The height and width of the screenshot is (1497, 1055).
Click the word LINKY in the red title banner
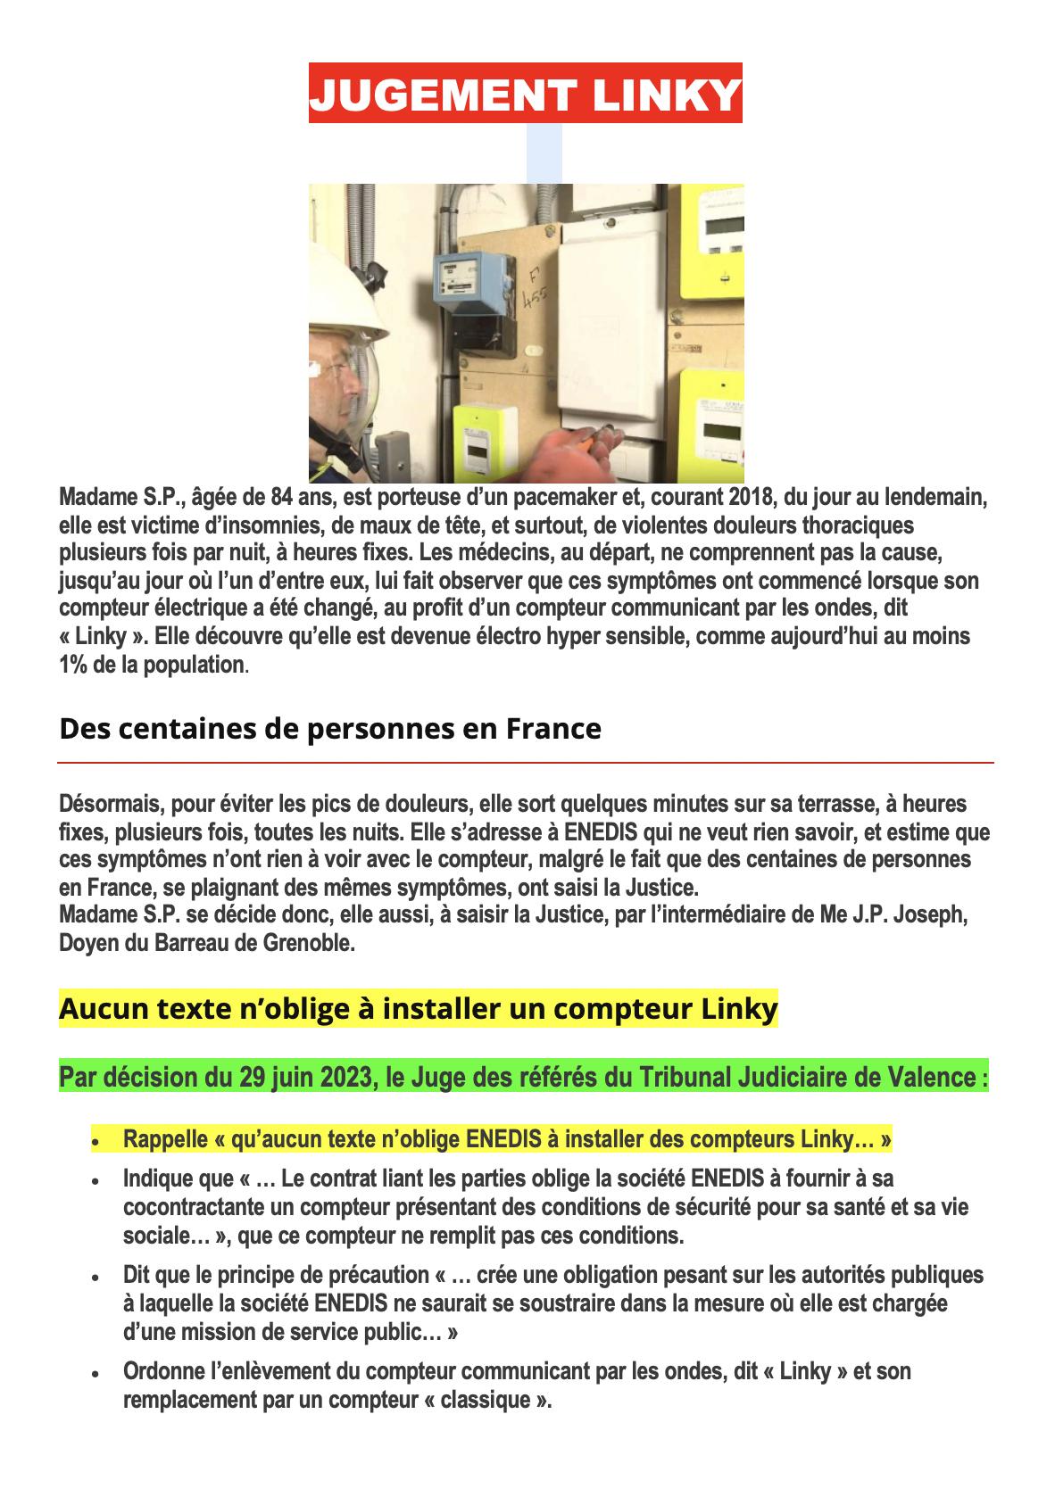pos(662,94)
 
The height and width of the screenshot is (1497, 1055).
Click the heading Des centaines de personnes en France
pos(329,729)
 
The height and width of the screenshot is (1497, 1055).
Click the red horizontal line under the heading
pos(526,764)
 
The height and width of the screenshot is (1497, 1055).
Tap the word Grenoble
pos(310,943)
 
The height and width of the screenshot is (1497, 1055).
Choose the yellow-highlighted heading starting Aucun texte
pos(418,1009)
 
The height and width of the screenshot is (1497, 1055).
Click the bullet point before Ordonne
pos(95,1375)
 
